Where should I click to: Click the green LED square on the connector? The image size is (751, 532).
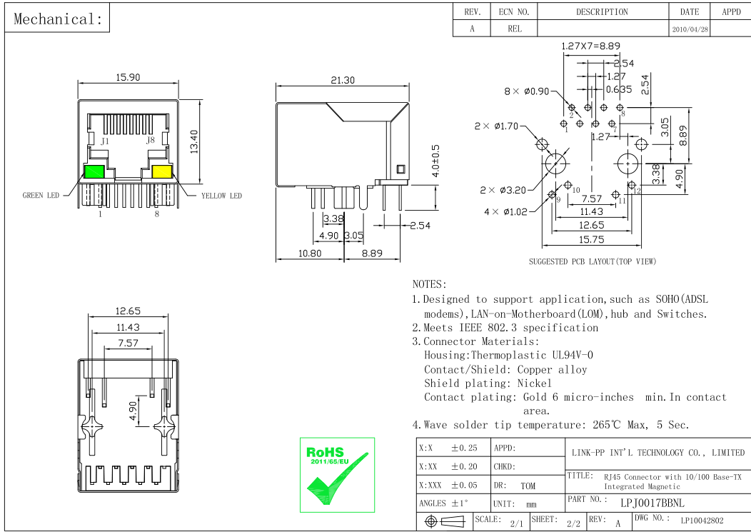(94, 172)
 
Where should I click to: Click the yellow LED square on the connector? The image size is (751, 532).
(162, 172)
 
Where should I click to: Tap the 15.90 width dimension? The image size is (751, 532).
(128, 77)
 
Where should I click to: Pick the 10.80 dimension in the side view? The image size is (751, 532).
(309, 254)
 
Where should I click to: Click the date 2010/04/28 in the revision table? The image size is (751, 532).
(690, 30)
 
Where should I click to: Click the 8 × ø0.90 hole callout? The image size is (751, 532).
(527, 91)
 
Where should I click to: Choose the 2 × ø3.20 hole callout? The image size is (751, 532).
(503, 190)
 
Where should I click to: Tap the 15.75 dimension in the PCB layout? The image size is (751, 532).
(592, 240)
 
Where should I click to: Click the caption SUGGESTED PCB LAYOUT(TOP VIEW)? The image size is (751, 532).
(592, 261)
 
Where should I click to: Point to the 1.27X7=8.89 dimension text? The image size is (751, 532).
(590, 46)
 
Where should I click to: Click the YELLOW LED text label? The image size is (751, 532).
(221, 196)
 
